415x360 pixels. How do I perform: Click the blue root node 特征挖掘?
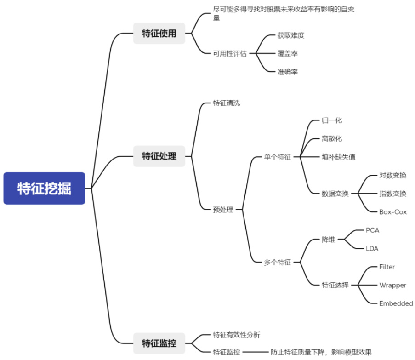coord(45,189)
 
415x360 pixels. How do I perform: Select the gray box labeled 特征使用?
coord(159,33)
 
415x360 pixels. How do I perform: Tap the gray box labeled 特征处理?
coord(159,156)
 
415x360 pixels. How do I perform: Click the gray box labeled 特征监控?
coord(159,343)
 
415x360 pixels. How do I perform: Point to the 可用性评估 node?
coord(230,53)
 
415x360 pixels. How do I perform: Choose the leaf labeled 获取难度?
coord(291,35)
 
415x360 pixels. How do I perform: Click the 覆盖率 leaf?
coord(287,53)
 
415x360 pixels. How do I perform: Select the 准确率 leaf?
coord(287,72)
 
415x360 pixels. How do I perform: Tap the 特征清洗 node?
coord(227,103)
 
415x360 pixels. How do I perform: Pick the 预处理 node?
coord(223,210)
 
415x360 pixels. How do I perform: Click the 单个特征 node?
coord(277,157)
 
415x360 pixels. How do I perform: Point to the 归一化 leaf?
coord(332,121)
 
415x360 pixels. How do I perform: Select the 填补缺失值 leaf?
coord(338,157)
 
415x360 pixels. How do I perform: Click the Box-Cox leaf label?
coord(393,212)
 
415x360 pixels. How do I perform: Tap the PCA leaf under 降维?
coord(372,230)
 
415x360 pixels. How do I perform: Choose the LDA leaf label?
coord(372,248)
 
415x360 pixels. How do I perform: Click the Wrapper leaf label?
coord(392,285)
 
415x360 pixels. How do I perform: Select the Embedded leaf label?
coord(396,303)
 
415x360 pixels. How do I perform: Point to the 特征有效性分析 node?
coord(237,334)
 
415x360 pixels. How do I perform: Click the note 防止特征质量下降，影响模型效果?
coord(321,352)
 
